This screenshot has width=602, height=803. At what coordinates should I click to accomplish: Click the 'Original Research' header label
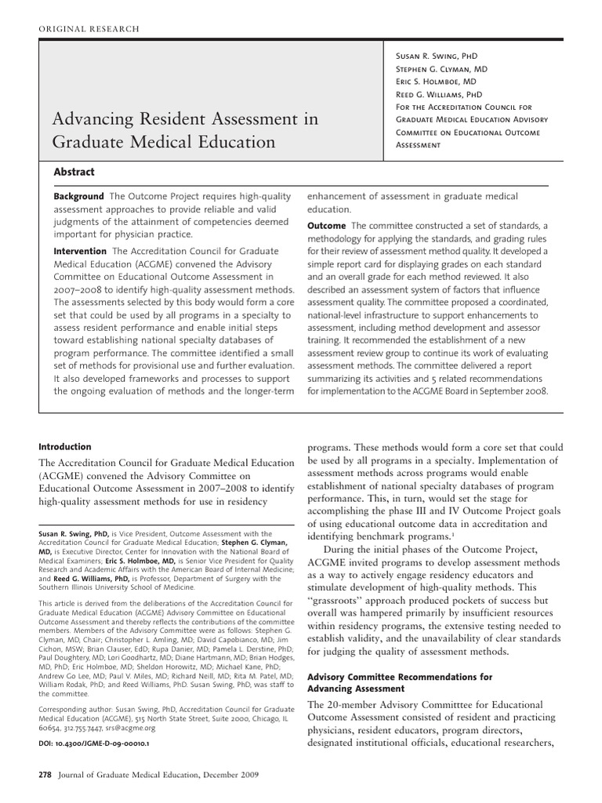coord(89,29)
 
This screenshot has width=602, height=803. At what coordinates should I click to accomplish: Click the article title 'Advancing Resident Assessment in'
coord(185,119)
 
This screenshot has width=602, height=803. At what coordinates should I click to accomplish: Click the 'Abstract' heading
coord(74,172)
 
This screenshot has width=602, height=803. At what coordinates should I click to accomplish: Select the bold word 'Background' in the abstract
coord(78,196)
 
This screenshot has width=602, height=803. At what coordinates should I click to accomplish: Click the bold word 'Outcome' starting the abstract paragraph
coord(326,226)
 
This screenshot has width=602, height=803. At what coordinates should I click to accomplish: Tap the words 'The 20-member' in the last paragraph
coord(343,703)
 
